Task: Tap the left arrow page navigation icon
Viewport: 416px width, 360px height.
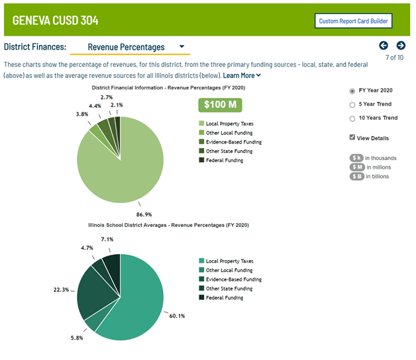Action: tap(384, 45)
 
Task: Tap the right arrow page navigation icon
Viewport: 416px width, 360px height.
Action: tap(401, 45)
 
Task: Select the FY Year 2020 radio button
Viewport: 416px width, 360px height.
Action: tap(352, 91)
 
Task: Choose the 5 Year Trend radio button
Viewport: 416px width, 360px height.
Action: tap(352, 105)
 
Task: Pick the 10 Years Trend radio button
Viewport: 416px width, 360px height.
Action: tap(352, 118)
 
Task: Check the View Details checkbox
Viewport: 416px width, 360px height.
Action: tap(352, 138)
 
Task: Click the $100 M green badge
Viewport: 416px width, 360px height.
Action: tap(220, 105)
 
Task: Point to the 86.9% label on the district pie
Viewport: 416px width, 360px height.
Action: tap(144, 214)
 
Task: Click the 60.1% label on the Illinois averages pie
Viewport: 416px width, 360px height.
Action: tap(177, 316)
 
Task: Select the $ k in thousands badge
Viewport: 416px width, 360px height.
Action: tap(358, 158)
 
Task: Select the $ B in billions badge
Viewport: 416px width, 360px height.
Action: tap(358, 176)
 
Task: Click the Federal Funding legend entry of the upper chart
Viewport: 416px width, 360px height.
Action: tap(225, 160)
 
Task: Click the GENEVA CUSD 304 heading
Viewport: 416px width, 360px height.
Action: tap(56, 21)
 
